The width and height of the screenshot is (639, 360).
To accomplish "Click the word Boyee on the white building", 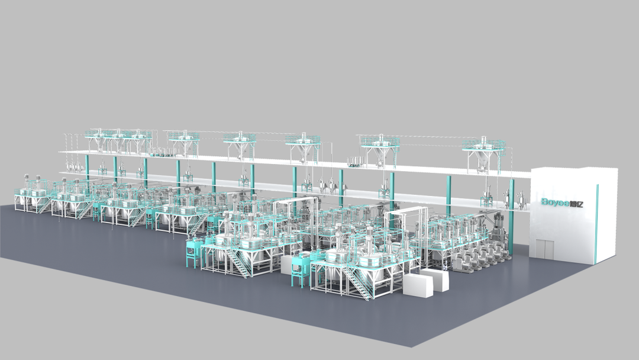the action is click(556, 202).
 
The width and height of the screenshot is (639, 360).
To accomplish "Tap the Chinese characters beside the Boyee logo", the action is click(577, 202).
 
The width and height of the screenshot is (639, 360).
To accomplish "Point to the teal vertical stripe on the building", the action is click(596, 223).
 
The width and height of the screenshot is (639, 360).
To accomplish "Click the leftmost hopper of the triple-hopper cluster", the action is click(98, 143).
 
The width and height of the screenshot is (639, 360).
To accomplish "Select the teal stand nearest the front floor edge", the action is click(299, 270).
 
